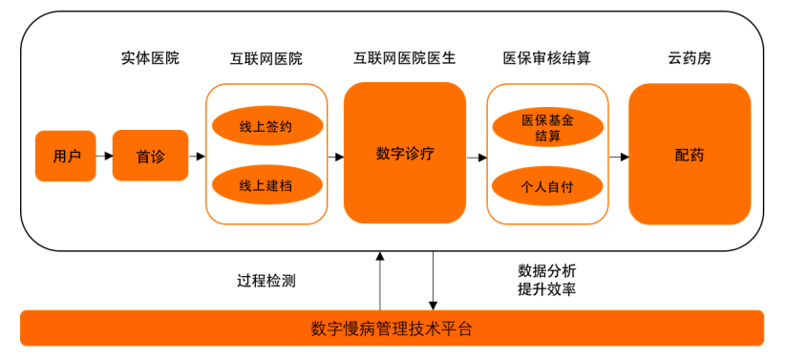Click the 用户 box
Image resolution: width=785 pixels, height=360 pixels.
pyautogui.click(x=66, y=156)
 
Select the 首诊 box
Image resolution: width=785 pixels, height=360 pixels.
pyautogui.click(x=150, y=156)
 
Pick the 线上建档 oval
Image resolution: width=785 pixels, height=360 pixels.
pyautogui.click(x=266, y=185)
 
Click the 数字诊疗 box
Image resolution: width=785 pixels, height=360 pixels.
pyautogui.click(x=405, y=153)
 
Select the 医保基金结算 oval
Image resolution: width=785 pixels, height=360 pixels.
pyautogui.click(x=547, y=128)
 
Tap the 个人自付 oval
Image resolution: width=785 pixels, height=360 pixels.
pyautogui.click(x=547, y=185)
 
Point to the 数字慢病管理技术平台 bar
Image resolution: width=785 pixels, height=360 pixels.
pyautogui.click(x=392, y=328)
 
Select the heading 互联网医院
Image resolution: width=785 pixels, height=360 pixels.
pyautogui.click(x=266, y=58)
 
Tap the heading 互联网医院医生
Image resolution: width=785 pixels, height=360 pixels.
pyautogui.click(x=404, y=58)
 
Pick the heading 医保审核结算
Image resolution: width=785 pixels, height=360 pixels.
pyautogui.click(x=546, y=58)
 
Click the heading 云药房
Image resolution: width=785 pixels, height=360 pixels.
pyautogui.click(x=689, y=58)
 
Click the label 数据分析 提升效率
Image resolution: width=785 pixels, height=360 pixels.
pyautogui.click(x=546, y=280)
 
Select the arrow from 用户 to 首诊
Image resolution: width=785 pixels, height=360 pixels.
pyautogui.click(x=104, y=156)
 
